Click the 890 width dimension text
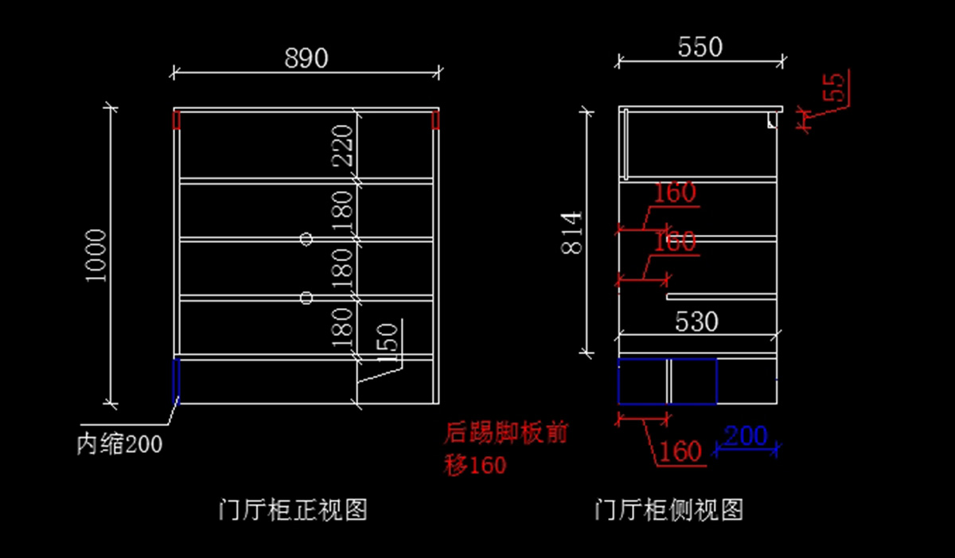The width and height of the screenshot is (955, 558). pos(306,58)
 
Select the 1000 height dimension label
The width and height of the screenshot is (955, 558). pos(96,255)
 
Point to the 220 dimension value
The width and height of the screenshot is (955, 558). pos(342,145)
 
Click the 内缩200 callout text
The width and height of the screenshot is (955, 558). pos(119,444)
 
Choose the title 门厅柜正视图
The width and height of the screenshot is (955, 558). pos(293,509)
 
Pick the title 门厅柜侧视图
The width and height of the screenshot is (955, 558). pos(669,509)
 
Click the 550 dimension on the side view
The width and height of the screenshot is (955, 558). pos(700,48)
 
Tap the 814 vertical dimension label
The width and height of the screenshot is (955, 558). pos(572,232)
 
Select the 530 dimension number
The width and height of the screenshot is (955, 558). pos(697,322)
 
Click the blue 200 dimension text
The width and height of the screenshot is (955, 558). pos(746,436)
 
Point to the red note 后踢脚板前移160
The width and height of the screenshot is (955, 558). pos(506,449)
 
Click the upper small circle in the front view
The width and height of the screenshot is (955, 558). pos(306,238)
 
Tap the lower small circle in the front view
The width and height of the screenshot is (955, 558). pos(306,298)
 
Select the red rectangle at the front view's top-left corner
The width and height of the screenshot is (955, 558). pos(177,120)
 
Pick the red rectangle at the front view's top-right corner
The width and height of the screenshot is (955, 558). pos(436,120)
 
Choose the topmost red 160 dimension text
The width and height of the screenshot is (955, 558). pos(675,193)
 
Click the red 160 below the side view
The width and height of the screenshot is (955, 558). pos(682,451)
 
